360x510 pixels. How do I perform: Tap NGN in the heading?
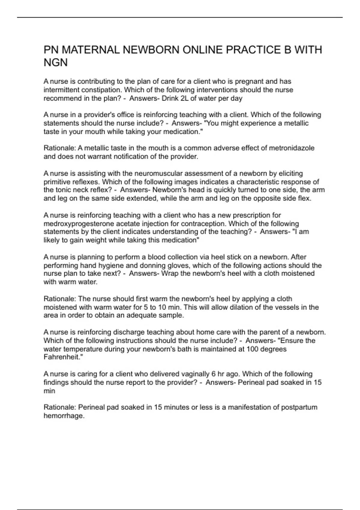click(55, 63)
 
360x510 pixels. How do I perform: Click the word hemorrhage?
click(64, 416)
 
